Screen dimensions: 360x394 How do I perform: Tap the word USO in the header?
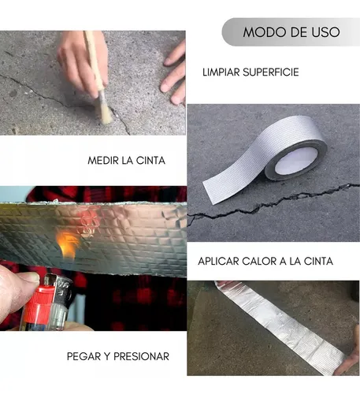(x=325, y=32)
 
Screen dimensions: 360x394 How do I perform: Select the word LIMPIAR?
(x=221, y=72)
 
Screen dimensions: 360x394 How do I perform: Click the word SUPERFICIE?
(x=271, y=72)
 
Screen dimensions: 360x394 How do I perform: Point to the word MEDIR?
(x=103, y=161)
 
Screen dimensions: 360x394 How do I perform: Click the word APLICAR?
(x=218, y=262)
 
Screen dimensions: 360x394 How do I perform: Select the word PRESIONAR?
(x=142, y=356)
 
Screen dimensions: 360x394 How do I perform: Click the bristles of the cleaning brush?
(x=105, y=109)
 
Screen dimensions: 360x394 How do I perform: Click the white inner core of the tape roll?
(x=296, y=161)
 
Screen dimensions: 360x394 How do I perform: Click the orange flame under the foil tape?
(x=67, y=243)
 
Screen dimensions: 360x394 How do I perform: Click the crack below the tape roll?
(x=273, y=203)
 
